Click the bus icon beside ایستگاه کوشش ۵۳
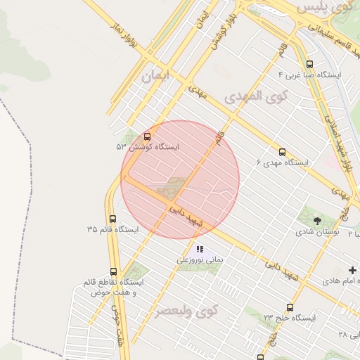point(147,137)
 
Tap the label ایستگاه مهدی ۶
point(282,162)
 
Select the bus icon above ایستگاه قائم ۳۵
point(113,219)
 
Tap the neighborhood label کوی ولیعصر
point(186,309)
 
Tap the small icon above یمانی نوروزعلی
point(200,249)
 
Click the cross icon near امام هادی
point(352,270)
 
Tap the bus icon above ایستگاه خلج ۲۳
point(290,307)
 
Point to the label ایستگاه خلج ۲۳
point(290,318)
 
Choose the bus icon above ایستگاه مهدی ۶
point(282,152)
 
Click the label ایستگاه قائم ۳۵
point(112,230)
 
